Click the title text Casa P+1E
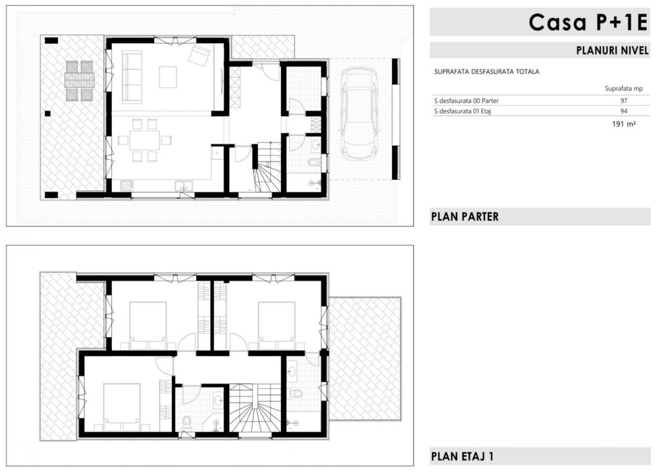588,22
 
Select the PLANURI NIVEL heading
612,50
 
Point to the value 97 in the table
624,101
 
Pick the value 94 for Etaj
624,111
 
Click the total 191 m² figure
624,124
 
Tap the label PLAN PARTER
464,216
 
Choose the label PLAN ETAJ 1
462,456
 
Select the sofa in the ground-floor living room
132,77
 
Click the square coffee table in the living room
168,77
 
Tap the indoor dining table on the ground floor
145,140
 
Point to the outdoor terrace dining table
80,80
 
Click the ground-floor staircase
267,167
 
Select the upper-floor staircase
255,409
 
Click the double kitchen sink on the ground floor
183,185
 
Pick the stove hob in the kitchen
127,185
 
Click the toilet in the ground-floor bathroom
315,162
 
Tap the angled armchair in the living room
199,55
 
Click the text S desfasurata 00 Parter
466,101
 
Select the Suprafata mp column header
624,88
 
